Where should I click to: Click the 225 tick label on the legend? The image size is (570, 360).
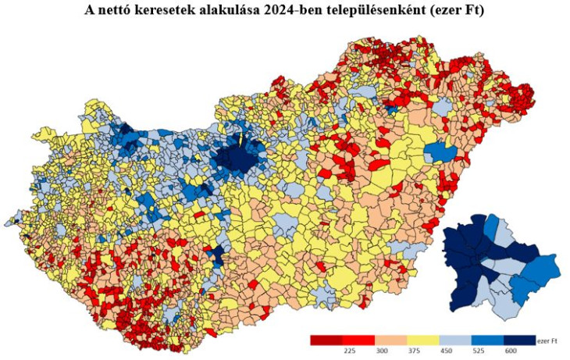coord(349,351)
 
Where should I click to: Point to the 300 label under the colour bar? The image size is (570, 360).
coord(382,351)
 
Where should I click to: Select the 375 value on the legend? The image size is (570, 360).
coord(414,351)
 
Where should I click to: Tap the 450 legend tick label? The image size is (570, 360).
coord(446,351)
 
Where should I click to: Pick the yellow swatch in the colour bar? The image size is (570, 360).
coord(422,340)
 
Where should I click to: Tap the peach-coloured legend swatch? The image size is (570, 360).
coord(390,340)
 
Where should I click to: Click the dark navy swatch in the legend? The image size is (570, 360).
coord(518,340)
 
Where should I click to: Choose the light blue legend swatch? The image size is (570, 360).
coord(454,340)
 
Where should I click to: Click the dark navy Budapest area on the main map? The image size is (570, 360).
coord(240,159)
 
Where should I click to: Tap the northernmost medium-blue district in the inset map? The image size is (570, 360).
coord(490,226)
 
